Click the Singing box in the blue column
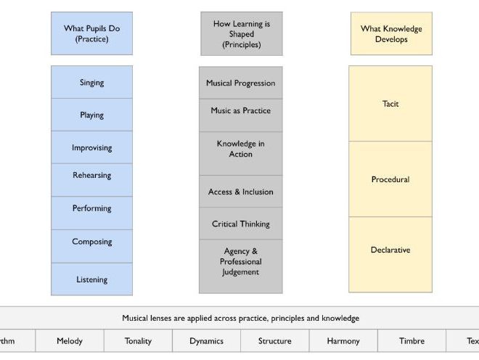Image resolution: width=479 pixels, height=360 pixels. pyautogui.click(x=91, y=83)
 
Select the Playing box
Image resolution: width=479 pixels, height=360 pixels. pyautogui.click(x=91, y=115)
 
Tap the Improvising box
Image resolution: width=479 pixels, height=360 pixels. pyautogui.click(x=91, y=147)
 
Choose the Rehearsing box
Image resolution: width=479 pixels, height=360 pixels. pyautogui.click(x=91, y=176)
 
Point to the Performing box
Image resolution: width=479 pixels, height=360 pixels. pyautogui.click(x=91, y=208)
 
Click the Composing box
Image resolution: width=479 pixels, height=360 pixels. pyautogui.click(x=91, y=242)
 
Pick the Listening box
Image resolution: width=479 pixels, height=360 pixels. pyautogui.click(x=91, y=279)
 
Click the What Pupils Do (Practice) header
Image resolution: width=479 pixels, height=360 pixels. pyautogui.click(x=91, y=33)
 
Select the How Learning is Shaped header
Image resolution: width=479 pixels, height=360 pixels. pyautogui.click(x=242, y=33)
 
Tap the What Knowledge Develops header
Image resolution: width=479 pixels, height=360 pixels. pyautogui.click(x=391, y=33)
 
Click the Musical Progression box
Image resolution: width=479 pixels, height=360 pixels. pyautogui.click(x=241, y=83)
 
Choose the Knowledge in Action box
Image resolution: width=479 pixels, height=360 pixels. pyautogui.click(x=241, y=149)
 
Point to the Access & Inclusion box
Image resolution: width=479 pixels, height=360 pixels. pyautogui.click(x=241, y=192)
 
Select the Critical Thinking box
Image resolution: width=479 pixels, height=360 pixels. pyautogui.click(x=241, y=224)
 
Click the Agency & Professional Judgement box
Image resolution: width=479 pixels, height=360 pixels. pyautogui.click(x=241, y=262)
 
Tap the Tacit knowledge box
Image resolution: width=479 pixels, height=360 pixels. pyautogui.click(x=390, y=104)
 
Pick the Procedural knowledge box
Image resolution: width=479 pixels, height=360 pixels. pyautogui.click(x=390, y=179)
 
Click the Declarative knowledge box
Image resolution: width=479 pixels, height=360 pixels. pyautogui.click(x=390, y=250)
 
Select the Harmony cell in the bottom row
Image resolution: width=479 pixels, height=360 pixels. pyautogui.click(x=343, y=340)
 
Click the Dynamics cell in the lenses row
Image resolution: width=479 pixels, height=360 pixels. pyautogui.click(x=207, y=340)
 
